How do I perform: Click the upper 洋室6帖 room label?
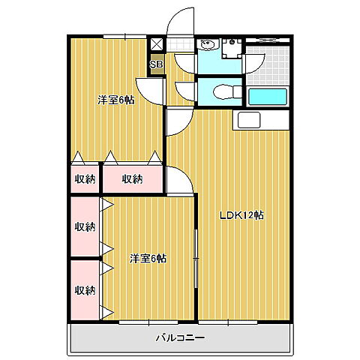(x=115, y=100)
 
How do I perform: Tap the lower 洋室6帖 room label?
(x=148, y=259)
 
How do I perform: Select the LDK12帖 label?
(x=241, y=215)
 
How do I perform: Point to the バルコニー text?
(x=180, y=337)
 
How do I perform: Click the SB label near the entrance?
(x=156, y=64)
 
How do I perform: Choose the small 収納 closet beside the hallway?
(x=85, y=178)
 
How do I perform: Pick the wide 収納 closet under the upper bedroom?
(x=132, y=178)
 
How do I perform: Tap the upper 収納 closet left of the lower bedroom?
(x=85, y=226)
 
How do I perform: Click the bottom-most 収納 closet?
(x=85, y=289)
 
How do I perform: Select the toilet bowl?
(x=223, y=91)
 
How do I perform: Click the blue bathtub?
(x=268, y=97)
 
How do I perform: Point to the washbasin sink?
(x=206, y=44)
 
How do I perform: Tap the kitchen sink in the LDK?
(x=249, y=119)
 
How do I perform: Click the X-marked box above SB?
(x=156, y=44)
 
